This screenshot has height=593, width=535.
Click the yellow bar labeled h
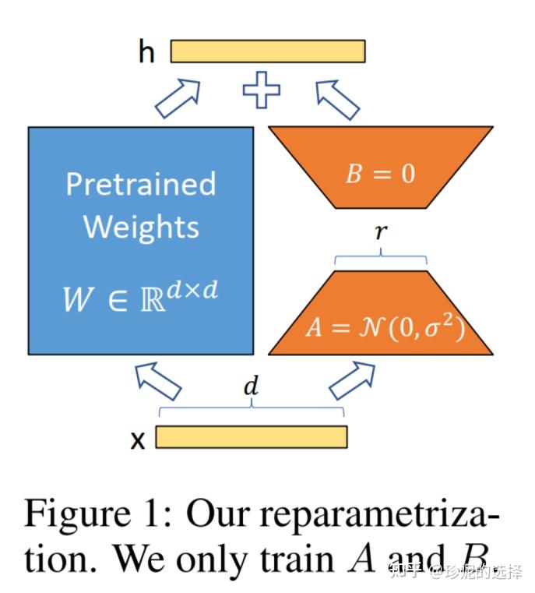coord(268,51)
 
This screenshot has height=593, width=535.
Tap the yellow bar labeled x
coord(252,437)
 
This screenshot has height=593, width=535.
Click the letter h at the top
coord(146,51)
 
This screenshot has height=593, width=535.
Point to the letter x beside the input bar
coord(138,440)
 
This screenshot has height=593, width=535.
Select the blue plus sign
coord(262,90)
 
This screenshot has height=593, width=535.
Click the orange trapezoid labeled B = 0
coord(381,168)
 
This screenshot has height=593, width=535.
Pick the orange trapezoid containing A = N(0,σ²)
coord(381,312)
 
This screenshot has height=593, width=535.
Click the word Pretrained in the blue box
coord(141,184)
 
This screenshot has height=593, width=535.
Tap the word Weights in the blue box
coord(141,227)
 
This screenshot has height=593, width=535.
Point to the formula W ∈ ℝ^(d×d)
coord(140,297)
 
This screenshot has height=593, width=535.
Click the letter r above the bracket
coord(382,231)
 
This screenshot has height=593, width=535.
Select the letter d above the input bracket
coord(252,386)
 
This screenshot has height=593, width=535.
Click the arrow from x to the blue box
coord(159,381)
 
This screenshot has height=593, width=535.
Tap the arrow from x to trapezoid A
coord(352,380)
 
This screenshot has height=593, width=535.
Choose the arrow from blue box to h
coord(178,98)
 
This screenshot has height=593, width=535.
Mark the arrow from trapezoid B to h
coord(338,100)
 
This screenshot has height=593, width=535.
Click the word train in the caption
coord(297,558)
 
